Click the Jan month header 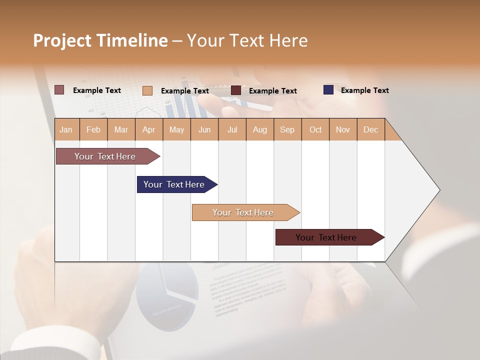(x=66, y=129)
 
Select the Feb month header (x=93, y=129)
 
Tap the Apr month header (x=149, y=129)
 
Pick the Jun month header (x=204, y=129)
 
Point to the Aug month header (x=260, y=129)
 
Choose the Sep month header (x=287, y=129)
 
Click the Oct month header (x=315, y=129)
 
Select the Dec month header (x=371, y=129)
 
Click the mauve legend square (x=59, y=90)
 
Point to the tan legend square (x=147, y=90)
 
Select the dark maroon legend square (x=236, y=90)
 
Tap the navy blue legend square (x=328, y=90)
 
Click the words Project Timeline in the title (x=100, y=40)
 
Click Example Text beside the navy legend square (x=364, y=90)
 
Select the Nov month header (x=343, y=129)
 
